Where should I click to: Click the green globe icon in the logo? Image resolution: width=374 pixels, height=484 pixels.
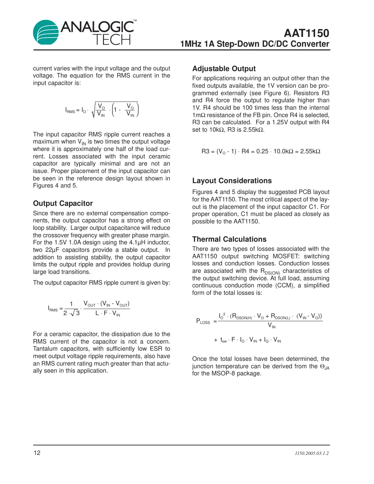point(46,32)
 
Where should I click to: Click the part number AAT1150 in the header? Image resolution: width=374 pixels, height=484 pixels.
point(306,33)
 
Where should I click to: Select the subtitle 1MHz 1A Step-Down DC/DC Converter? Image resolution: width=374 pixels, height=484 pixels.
point(255,44)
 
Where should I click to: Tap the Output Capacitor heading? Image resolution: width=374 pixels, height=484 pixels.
point(63,203)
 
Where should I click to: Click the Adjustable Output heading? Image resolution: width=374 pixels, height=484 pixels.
point(224,69)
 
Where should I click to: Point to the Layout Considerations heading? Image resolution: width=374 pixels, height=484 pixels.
point(232,181)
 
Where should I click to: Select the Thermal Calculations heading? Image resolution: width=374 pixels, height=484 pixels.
point(229,239)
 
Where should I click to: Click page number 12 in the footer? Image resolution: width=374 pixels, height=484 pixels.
point(37,453)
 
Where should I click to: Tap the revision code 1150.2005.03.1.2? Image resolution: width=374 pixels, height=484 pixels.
point(311,453)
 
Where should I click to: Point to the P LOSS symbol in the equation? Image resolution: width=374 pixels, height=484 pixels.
point(203,321)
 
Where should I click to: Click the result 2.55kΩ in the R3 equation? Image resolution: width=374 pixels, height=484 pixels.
point(310,151)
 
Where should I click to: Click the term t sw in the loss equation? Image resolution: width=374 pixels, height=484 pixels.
point(223,340)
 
